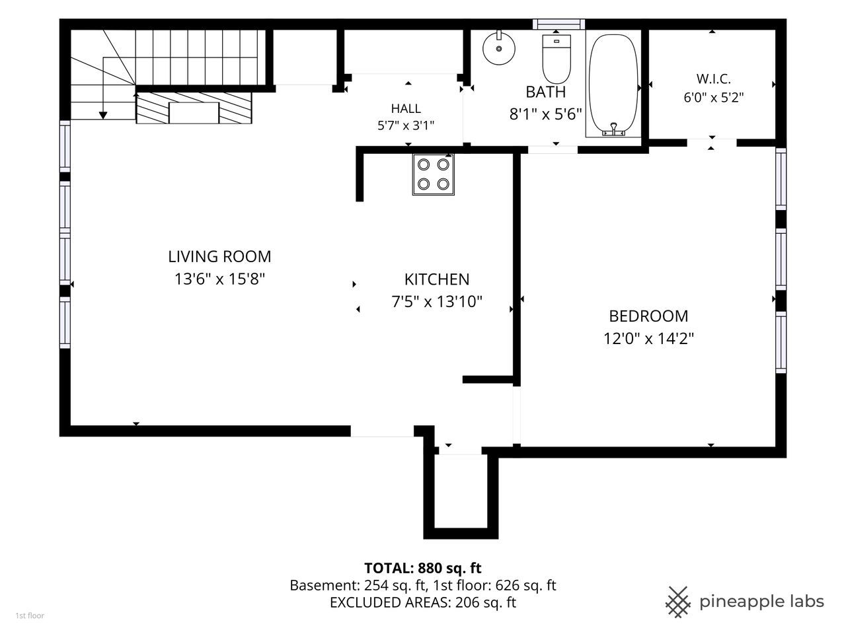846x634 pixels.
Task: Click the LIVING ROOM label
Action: coord(219,256)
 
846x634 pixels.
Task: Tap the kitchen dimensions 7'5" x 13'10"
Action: coord(437,301)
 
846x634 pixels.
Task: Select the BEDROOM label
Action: coord(648,316)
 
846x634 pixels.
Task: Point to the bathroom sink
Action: coord(499,48)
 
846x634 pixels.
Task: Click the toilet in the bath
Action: coord(556,59)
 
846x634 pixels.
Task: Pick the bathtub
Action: coord(613,85)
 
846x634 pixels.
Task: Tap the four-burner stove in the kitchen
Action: coord(433,174)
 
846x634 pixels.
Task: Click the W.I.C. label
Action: coord(713,79)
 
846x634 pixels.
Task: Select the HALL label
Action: coord(406,108)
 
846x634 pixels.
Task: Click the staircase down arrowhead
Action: coord(103,115)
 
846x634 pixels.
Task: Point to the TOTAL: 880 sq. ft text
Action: coord(423,568)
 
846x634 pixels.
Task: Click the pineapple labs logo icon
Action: coord(678,602)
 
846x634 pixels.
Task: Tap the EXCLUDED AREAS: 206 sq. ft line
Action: coord(423,602)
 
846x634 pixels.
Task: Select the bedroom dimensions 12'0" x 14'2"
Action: coord(648,339)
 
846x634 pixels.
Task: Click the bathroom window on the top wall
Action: coord(558,24)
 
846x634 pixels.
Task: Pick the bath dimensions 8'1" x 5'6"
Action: coord(545,114)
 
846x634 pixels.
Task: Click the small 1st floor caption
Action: coord(30,616)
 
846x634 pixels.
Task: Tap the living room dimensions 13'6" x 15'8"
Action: coord(219,279)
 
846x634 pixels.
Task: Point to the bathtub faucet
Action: coord(613,129)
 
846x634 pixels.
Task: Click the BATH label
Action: coord(545,92)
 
